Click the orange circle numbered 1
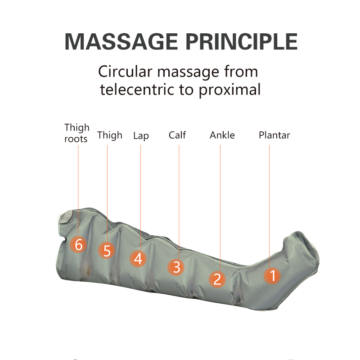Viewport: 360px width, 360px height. click(272, 275)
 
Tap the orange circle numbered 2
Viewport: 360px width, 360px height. click(217, 279)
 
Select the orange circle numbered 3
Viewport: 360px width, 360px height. click(176, 267)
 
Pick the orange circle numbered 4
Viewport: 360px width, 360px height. click(138, 258)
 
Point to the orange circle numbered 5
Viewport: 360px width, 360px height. click(107, 250)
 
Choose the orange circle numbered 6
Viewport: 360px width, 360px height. click(78, 245)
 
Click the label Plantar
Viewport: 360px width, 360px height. click(274, 135)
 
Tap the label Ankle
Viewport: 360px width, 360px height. click(222, 135)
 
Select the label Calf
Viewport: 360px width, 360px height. click(177, 135)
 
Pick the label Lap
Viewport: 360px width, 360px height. click(141, 135)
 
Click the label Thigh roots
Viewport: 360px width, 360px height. click(76, 133)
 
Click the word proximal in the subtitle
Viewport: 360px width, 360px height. click(229, 90)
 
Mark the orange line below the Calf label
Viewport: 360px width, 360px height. click(179, 198)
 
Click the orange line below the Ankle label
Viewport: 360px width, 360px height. click(220, 202)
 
